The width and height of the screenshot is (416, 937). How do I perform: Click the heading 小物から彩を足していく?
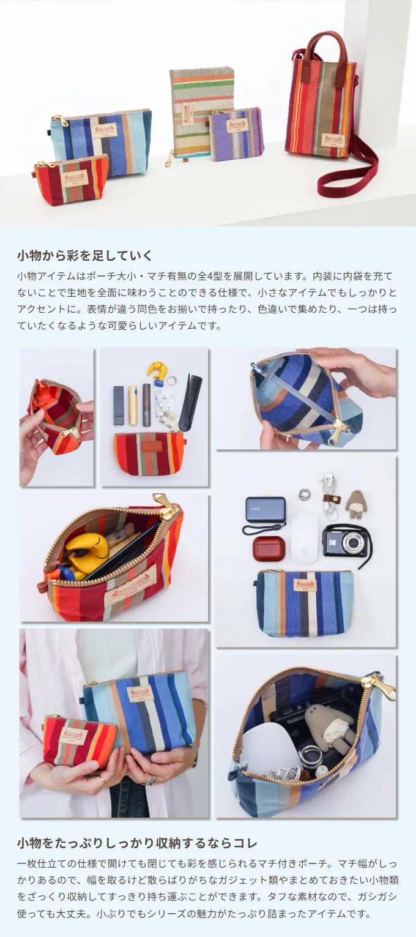pyautogui.click(x=84, y=255)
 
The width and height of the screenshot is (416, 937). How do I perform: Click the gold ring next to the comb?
pyautogui.click(x=171, y=381)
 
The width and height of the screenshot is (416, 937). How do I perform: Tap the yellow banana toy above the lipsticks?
pyautogui.click(x=158, y=372)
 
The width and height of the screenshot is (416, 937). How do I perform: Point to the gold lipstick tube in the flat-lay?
pyautogui.click(x=133, y=405)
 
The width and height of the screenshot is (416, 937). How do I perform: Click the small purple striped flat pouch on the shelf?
pyautogui.click(x=237, y=134)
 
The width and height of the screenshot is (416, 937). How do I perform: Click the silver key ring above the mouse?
pyautogui.click(x=305, y=495)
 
